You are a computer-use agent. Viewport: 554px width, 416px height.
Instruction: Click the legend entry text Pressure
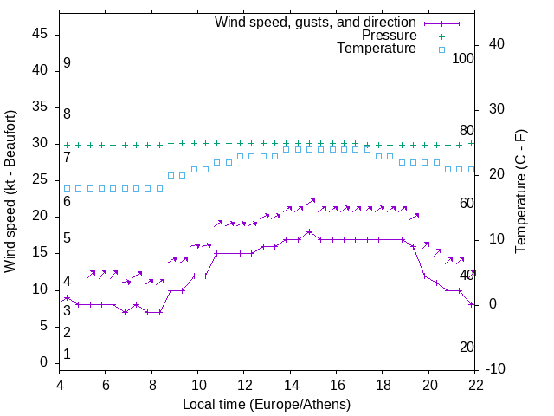tap(389, 36)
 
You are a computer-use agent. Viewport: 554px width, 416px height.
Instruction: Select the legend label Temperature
tap(377, 49)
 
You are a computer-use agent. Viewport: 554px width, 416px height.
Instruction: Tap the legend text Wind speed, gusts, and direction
tap(316, 22)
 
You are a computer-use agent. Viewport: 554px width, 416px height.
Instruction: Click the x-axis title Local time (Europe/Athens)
tap(267, 405)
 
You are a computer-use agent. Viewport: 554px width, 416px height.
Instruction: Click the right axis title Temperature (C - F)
tap(520, 191)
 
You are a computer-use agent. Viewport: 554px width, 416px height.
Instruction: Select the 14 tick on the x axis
tap(290, 385)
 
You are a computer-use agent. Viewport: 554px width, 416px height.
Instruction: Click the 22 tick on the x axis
tap(475, 385)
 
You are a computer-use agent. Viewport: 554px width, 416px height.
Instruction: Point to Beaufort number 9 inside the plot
tap(67, 63)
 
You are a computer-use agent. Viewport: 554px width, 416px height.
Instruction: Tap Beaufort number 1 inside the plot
tap(67, 354)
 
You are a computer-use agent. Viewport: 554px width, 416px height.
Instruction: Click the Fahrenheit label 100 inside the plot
tap(464, 58)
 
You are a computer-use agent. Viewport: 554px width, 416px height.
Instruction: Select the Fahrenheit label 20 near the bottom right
tap(467, 347)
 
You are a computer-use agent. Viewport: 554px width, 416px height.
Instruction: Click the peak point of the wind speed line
tap(309, 231)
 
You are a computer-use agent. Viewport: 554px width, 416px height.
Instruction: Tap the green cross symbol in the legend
tap(441, 36)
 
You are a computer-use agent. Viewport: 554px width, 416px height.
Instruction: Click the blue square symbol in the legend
tap(441, 49)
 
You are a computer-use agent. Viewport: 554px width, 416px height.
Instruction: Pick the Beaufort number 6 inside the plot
tap(67, 201)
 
